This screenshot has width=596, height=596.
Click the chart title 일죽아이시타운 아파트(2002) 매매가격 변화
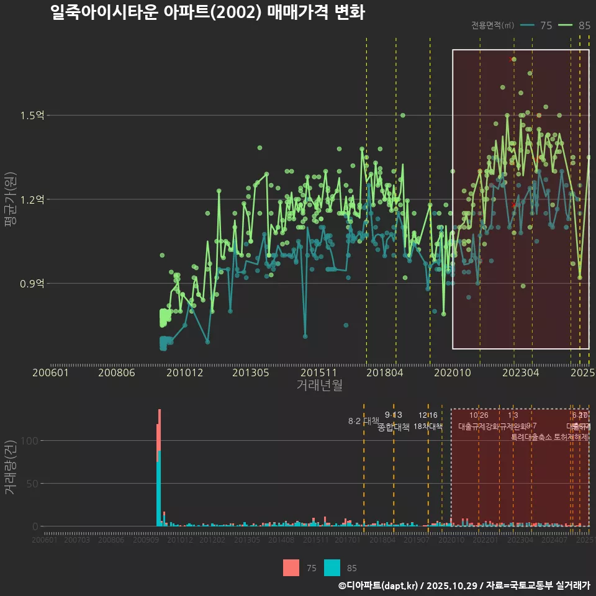coord(207,12)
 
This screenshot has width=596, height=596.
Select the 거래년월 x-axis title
coord(319,386)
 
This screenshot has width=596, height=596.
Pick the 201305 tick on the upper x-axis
coord(250,372)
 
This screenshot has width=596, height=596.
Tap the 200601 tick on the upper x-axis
coord(50,372)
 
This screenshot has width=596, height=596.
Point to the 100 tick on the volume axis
coord(30,441)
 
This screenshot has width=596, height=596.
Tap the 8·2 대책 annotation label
coord(363,421)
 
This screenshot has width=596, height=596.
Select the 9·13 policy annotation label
coord(393,415)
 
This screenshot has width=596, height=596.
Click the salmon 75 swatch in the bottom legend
coord(291,567)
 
